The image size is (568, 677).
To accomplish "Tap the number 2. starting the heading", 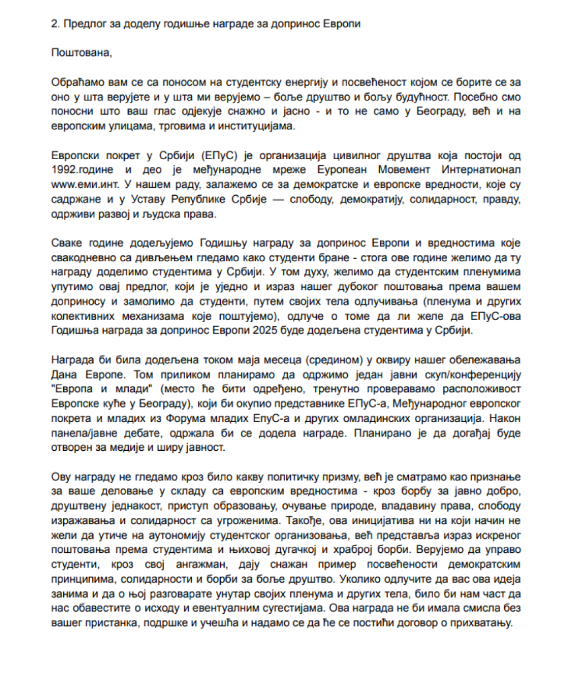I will [54, 24].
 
